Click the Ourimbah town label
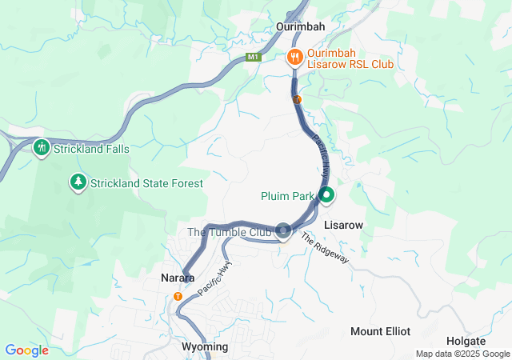click(300, 26)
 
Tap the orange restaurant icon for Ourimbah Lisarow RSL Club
click(294, 57)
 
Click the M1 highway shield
click(254, 57)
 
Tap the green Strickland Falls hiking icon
click(41, 148)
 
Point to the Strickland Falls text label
click(91, 149)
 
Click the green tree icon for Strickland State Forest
click(78, 182)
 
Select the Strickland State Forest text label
click(146, 183)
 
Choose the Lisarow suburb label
click(344, 226)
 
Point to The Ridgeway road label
click(326, 249)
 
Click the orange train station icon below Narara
click(178, 296)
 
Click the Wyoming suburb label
click(205, 346)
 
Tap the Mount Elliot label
click(380, 331)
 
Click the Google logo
click(26, 350)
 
